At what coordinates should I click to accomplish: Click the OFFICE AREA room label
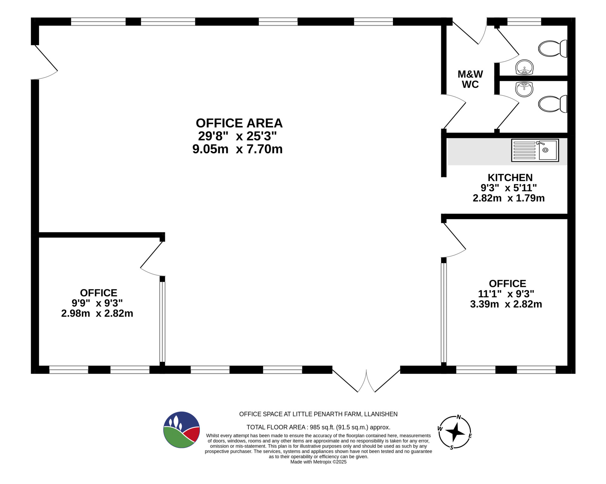coord(239,123)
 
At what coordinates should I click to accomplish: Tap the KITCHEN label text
coord(510,178)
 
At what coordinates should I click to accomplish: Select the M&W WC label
coord(470,79)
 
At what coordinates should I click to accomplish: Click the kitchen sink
coord(535,150)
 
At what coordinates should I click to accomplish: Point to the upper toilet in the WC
coord(553,49)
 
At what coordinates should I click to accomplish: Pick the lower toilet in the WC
coord(553,104)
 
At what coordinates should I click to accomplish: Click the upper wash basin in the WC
coord(525,67)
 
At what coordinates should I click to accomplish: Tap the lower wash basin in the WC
coord(524,89)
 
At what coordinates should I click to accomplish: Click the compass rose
coord(455,433)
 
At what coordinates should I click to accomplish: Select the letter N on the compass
coord(459,417)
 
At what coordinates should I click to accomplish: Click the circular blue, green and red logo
coord(181,430)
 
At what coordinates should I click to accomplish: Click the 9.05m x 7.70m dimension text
coord(237,149)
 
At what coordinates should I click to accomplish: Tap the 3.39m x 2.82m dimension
coord(506,304)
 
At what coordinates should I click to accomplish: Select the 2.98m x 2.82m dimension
coord(97,313)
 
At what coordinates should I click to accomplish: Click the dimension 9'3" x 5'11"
coord(508,188)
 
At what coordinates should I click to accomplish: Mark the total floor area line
coord(318,427)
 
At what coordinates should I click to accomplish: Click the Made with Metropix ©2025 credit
coord(318,462)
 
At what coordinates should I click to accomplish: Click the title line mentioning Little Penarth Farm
coord(318,414)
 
